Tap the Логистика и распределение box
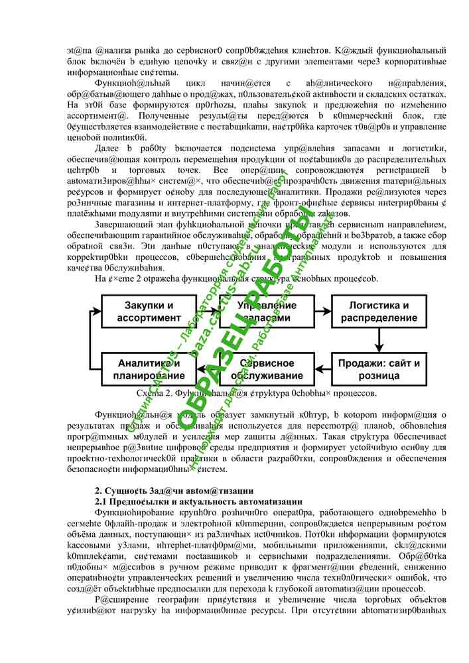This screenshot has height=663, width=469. tap(379, 312)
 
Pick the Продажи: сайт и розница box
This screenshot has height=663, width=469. tap(379, 369)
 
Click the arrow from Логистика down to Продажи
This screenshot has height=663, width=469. tap(379, 340)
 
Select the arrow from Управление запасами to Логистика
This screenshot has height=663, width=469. tap(322, 312)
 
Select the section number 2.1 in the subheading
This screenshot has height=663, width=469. tap(103, 502)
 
